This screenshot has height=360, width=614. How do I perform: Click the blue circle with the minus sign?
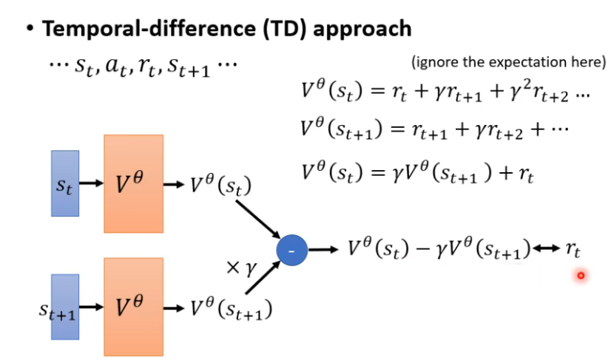pyautogui.click(x=291, y=251)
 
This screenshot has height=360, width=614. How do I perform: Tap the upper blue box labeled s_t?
pyautogui.click(x=65, y=183)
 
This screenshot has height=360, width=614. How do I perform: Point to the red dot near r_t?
pyautogui.click(x=581, y=276)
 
